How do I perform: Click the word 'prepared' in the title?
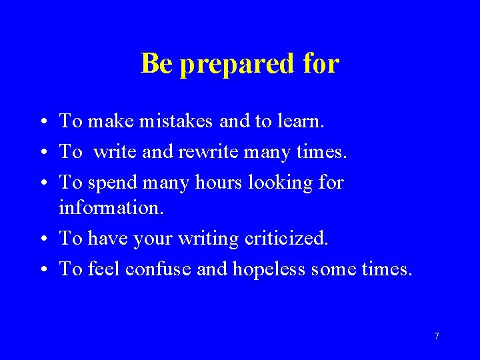pos(237,65)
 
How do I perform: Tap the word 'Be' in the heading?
pos(157,63)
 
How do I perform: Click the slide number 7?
pos(437,336)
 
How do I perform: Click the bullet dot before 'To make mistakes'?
pos(42,122)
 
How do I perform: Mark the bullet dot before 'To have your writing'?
pos(42,239)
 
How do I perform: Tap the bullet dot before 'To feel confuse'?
pos(42,269)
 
